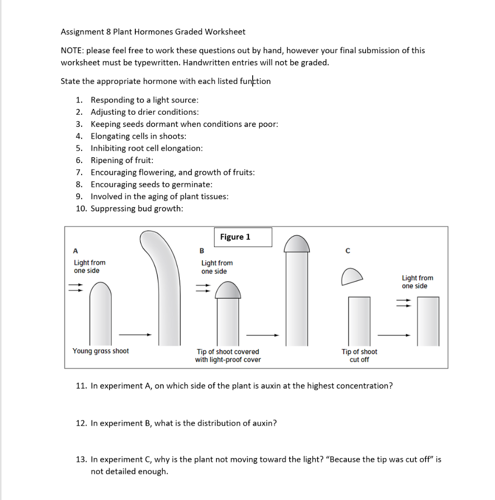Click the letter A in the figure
pos(75,251)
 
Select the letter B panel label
pos(202,251)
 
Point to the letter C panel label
pos(347,251)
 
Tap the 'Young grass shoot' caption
pos(101,351)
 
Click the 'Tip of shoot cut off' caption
pos(359,355)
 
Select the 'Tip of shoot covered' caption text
pos(228,352)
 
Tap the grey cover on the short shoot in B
pos(228,291)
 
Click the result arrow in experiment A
pos(135,334)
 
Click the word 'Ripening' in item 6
pos(107,160)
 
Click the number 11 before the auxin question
pos(81,386)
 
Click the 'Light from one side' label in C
pos(417,282)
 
